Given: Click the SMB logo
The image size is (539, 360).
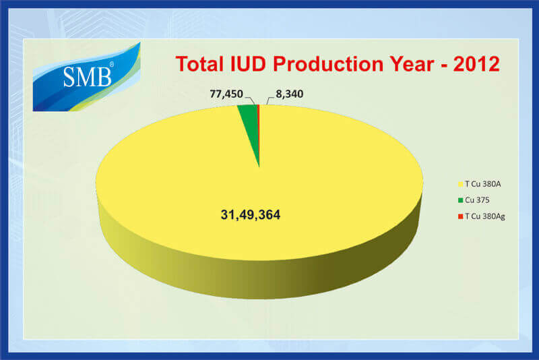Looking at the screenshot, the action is [87, 77].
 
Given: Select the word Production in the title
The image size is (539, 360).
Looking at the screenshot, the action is [328, 64].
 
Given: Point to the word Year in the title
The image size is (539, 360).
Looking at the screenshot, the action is [412, 64].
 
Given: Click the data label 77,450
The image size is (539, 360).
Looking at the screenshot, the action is [226, 94].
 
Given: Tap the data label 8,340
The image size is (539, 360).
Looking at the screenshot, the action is [290, 94].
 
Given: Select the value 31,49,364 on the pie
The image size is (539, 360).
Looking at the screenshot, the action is [250, 215].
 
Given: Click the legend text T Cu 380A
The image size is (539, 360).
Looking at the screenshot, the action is [482, 184].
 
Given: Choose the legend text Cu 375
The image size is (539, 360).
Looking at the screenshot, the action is [477, 200].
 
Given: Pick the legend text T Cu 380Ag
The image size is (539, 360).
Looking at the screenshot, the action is [484, 216].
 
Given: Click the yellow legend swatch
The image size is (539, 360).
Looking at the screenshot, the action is [461, 184].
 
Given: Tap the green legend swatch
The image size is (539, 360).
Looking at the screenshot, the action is [461, 200].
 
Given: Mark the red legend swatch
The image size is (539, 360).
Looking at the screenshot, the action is [461, 216].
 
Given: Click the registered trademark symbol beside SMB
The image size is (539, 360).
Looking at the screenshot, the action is [111, 64].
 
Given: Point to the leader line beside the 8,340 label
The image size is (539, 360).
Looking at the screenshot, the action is [270, 100].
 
